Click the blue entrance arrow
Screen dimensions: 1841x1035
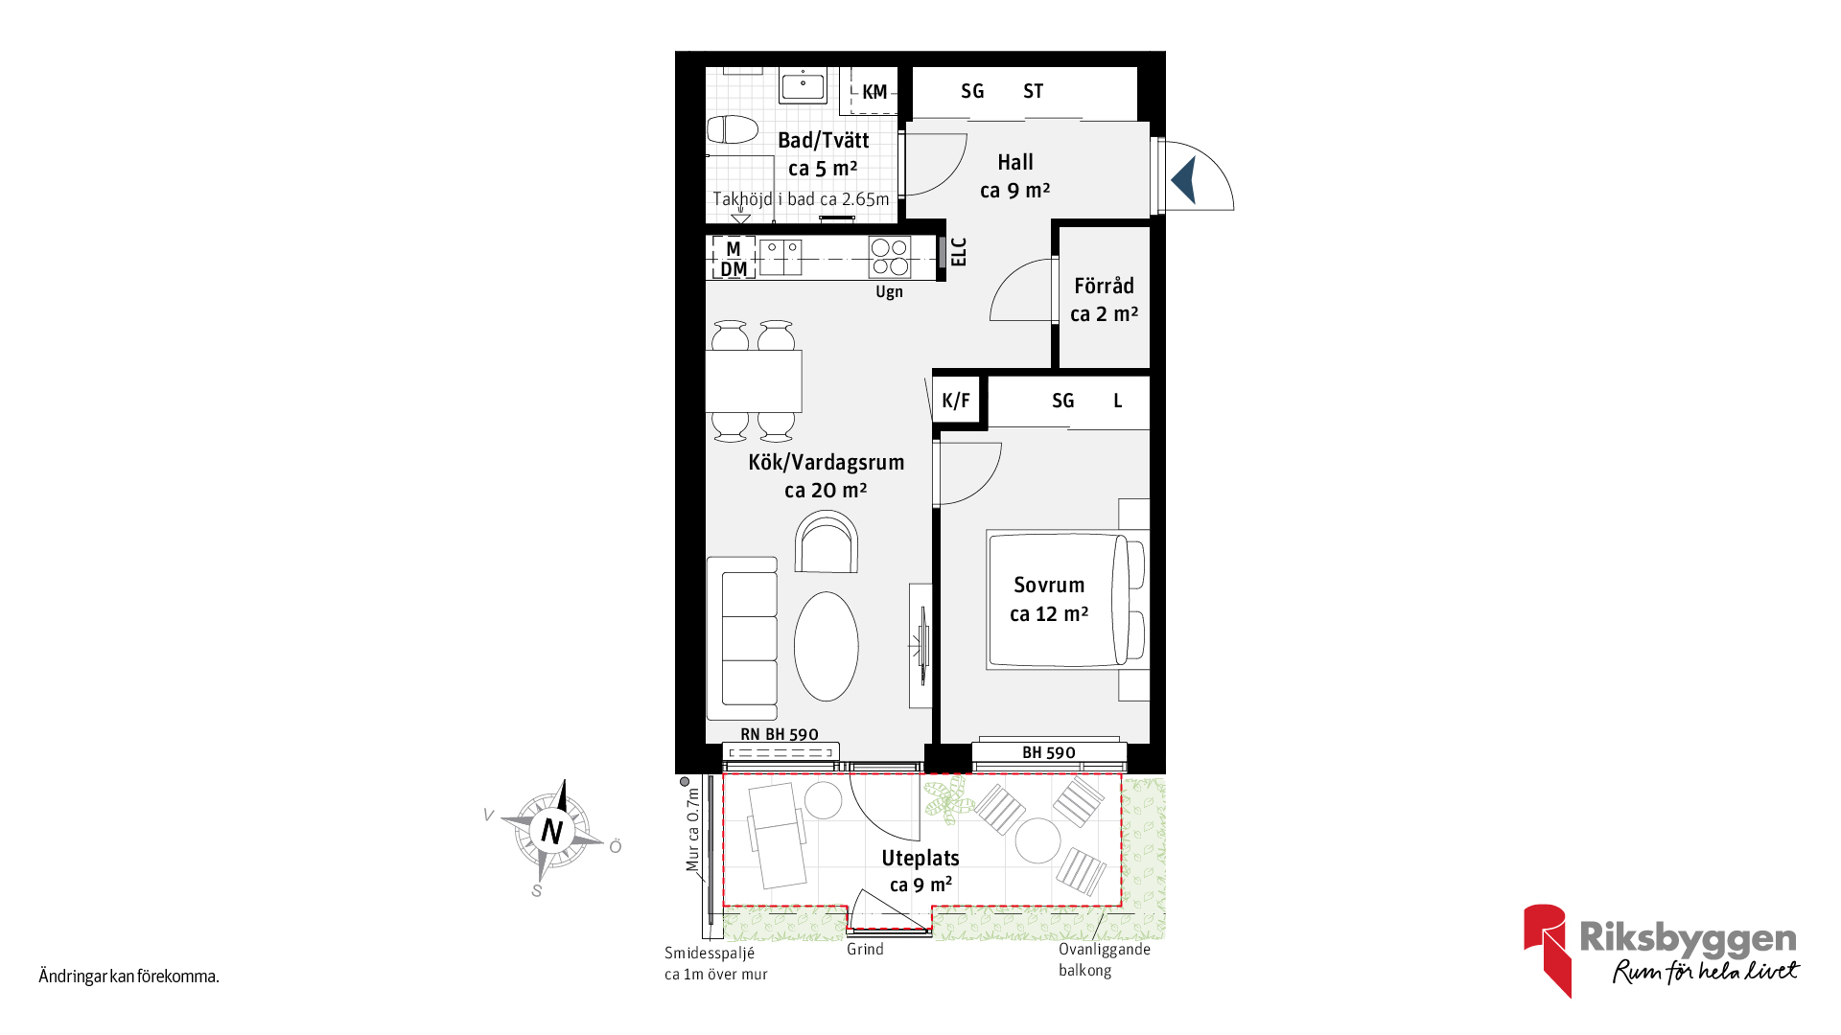(x=1184, y=179)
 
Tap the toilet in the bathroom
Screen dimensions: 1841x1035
(x=733, y=128)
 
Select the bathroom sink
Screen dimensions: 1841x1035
(x=803, y=86)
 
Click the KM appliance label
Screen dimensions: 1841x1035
(x=874, y=92)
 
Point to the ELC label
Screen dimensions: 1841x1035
(x=959, y=252)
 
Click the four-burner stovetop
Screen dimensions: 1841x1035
(x=890, y=257)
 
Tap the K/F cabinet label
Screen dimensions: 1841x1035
(x=956, y=401)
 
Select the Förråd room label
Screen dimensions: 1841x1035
(x=1105, y=286)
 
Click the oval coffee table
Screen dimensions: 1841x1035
(x=827, y=646)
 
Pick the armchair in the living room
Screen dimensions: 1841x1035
(x=827, y=542)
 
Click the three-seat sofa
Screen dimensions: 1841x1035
(x=743, y=638)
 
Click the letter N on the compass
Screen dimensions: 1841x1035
(x=551, y=830)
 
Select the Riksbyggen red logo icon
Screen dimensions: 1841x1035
(x=1547, y=950)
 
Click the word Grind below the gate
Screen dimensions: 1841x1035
(x=865, y=949)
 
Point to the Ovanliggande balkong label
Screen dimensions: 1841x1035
(x=1104, y=959)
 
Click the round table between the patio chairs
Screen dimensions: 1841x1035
(x=1037, y=840)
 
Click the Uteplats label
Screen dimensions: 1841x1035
(x=920, y=858)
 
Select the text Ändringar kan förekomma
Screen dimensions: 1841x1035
(x=129, y=977)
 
